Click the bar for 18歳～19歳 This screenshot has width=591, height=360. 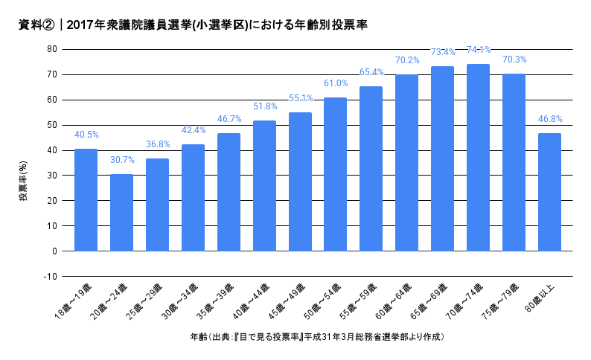86,200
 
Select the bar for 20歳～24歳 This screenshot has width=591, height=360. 121,213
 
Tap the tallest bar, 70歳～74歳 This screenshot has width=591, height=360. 478,158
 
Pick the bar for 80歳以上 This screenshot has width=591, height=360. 549,192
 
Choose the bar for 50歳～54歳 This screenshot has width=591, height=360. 335,174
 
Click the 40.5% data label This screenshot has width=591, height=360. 86,135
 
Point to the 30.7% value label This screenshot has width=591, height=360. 122,160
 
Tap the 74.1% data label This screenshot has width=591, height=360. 479,50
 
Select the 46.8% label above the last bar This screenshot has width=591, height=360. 550,119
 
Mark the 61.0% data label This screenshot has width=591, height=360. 336,83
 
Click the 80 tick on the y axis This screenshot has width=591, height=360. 52,49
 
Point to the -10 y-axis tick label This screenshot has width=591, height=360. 51,277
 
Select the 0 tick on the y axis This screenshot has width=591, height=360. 54,251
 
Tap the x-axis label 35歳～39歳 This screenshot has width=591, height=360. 216,302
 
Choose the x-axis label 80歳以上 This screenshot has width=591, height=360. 540,298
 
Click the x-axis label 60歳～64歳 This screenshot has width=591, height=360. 394,302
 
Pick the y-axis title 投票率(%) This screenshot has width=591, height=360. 23,181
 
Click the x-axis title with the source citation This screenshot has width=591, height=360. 317,337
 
